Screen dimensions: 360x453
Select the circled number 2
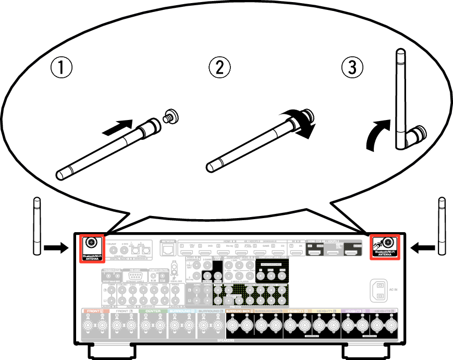tap(219, 67)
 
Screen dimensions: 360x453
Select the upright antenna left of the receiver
tap(36, 226)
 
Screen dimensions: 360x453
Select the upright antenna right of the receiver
tap(442, 226)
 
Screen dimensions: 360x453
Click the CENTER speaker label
tap(153, 311)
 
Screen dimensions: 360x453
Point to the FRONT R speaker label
tap(95, 311)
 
